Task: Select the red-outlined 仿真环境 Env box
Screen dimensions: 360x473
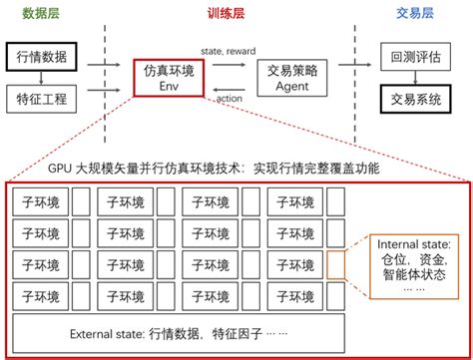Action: [167, 78]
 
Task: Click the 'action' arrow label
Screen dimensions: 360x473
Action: [229, 99]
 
